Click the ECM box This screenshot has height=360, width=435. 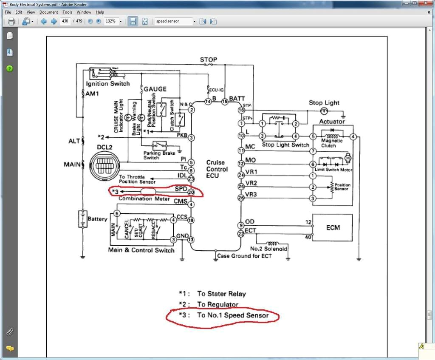(333, 227)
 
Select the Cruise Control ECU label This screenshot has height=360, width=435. (217, 169)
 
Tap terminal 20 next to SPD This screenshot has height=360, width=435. (192, 193)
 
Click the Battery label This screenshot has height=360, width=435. (97, 219)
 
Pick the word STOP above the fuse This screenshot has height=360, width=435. (209, 60)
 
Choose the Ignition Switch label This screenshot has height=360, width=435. (108, 84)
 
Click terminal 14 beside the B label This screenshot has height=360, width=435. (208, 101)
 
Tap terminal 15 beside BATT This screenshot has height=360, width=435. (225, 101)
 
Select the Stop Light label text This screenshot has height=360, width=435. (324, 102)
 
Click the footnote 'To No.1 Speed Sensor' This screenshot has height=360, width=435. (233, 315)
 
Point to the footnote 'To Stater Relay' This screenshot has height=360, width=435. (221, 294)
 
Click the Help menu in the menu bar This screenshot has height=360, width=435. (100, 12)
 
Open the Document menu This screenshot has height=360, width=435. (48, 12)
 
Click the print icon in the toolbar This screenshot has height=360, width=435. (11, 22)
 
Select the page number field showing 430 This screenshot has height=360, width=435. (65, 21)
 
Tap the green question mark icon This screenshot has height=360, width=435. (10, 68)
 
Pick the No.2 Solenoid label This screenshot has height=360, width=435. (269, 249)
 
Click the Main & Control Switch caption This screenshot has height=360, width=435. (141, 250)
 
